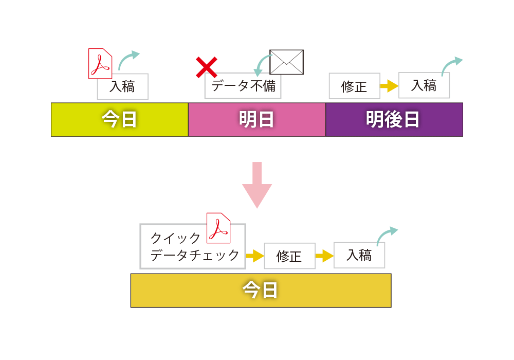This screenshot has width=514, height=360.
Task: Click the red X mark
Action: coord(207,67)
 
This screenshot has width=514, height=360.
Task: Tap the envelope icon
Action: coord(286,62)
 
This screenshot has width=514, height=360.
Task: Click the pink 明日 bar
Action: coord(257,120)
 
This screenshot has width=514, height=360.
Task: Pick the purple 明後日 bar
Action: coord(394,120)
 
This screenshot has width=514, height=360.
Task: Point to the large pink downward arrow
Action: coord(257,186)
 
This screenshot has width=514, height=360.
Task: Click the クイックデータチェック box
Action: coord(193,246)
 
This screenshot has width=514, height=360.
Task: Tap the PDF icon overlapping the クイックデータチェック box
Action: coord(218,228)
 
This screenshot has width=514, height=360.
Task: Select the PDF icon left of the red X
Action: coord(100,64)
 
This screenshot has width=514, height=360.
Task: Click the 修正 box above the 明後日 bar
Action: coord(355,86)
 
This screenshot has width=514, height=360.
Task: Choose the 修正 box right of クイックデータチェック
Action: coord(290,256)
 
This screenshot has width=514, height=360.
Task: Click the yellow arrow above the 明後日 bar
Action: coord(390,86)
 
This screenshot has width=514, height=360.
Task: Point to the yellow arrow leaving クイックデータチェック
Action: coord(255,256)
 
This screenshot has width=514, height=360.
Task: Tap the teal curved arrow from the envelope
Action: coord(261,63)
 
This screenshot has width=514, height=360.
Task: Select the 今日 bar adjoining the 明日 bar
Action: coord(120,120)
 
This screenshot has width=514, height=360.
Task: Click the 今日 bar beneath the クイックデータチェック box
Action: coord(261,291)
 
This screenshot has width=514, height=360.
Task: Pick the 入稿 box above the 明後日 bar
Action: coord(424,85)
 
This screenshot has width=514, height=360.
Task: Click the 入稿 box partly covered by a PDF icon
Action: coord(123,86)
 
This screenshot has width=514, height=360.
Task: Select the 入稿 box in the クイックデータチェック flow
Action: coord(359,255)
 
